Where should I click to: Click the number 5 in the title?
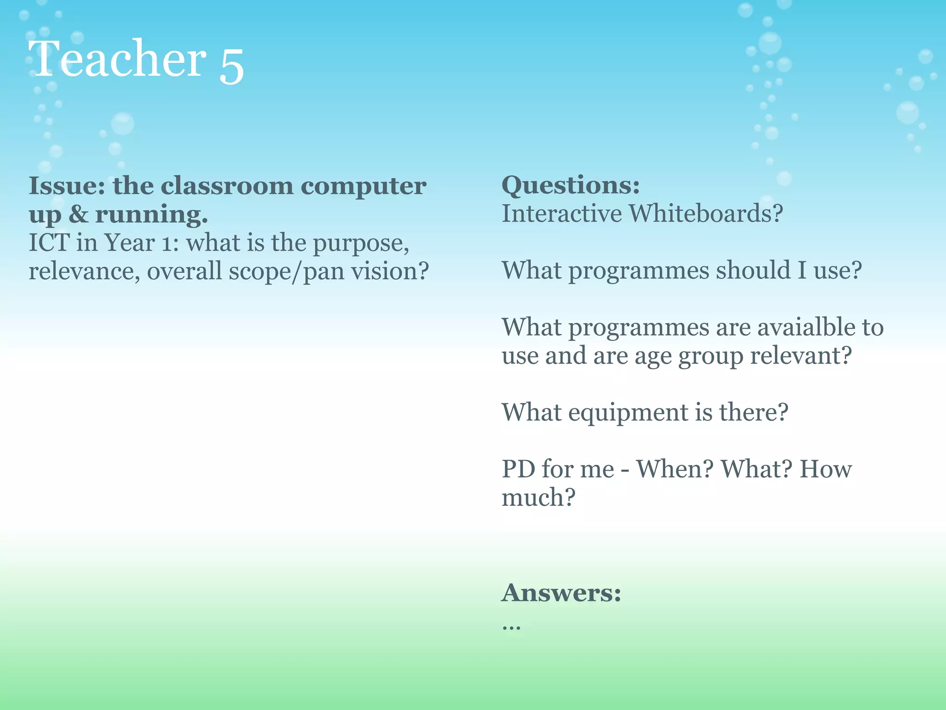[x=231, y=66]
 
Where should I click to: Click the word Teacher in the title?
[x=117, y=59]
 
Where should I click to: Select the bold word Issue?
[x=67, y=186]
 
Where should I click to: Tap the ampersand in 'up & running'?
[x=78, y=214]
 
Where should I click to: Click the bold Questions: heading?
[x=571, y=186]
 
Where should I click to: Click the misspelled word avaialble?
[x=806, y=327]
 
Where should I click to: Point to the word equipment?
[x=628, y=413]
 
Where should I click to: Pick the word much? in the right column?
[x=539, y=498]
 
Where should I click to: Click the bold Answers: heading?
[x=561, y=593]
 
